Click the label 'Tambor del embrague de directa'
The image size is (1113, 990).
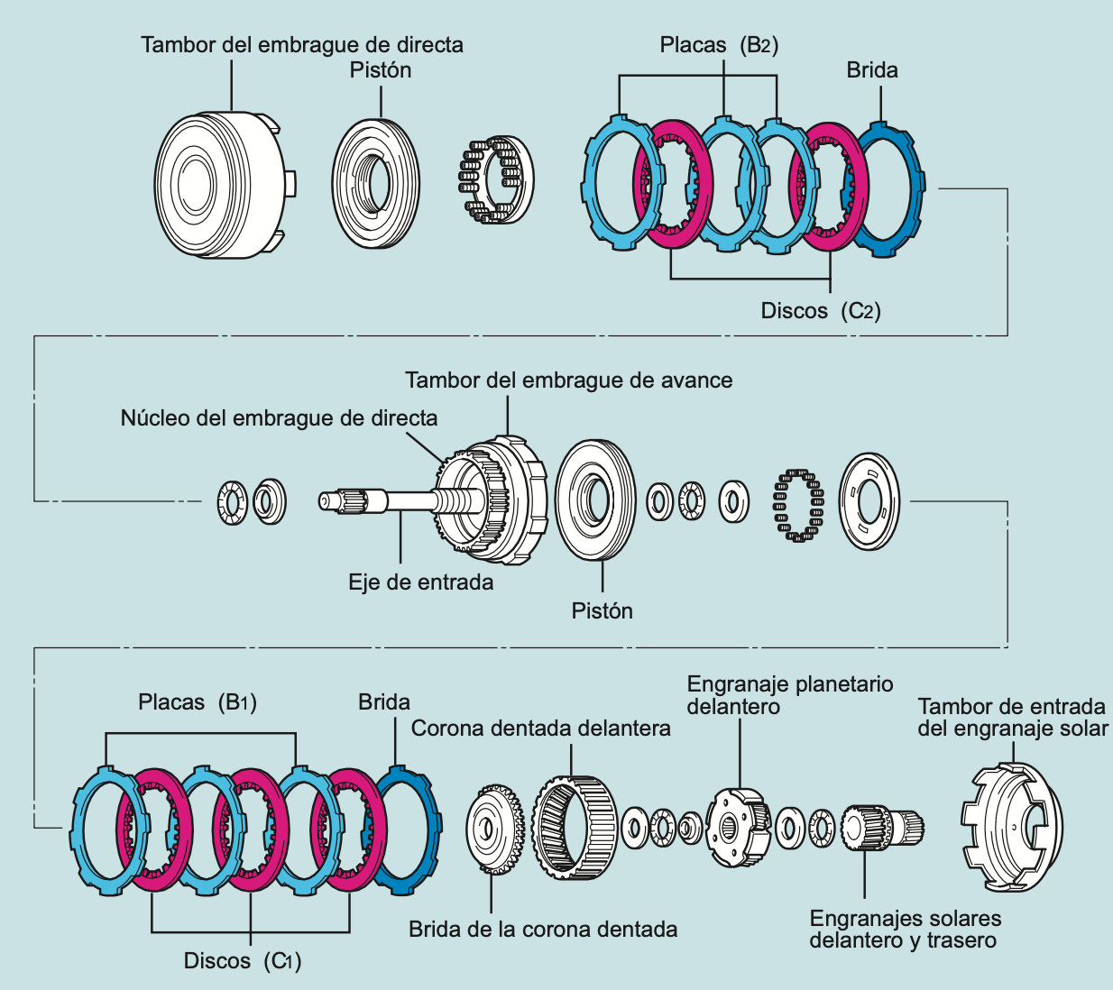coord(302,45)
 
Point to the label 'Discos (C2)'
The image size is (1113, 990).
coord(820,311)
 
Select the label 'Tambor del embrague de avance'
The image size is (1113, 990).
coord(568,380)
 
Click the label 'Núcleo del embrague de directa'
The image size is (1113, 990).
coord(279,418)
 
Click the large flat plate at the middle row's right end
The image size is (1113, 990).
coord(869,501)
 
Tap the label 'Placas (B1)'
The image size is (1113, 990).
coord(198,702)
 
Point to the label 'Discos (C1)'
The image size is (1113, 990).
coord(242,961)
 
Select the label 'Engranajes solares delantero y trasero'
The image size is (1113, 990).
coord(905,930)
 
